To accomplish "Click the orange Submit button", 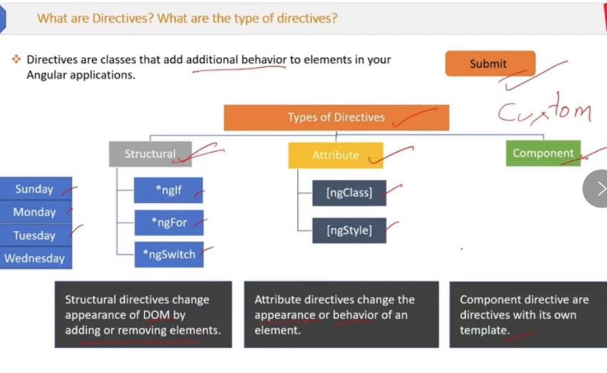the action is click(490, 63).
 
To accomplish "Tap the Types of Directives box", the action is click(336, 118).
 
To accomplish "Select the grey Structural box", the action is click(150, 154).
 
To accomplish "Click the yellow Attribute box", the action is click(336, 155).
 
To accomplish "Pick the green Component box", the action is click(543, 153).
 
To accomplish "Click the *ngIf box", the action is click(168, 190).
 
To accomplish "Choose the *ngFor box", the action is click(169, 223).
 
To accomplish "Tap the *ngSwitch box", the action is click(169, 255).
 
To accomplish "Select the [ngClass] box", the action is click(349, 193).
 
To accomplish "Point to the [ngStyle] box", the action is click(349, 230).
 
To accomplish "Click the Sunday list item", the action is click(36, 188).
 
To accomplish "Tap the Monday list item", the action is click(36, 212).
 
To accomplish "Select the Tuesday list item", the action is click(36, 235).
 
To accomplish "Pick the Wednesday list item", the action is click(36, 258).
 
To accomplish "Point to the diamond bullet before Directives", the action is click(16, 59).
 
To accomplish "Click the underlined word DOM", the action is click(157, 315).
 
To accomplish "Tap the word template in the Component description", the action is click(484, 330).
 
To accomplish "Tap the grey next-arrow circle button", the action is click(596, 188).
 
